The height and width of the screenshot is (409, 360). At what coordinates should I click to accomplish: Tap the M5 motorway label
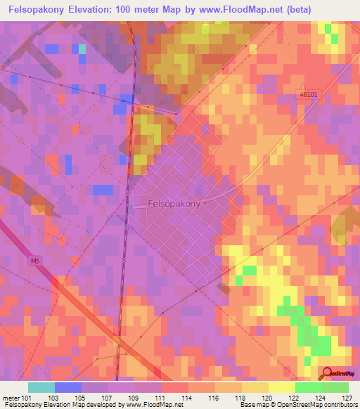(34, 260)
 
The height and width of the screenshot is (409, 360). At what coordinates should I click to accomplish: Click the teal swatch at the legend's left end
(41, 387)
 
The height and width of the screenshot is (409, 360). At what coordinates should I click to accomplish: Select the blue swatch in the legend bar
(68, 387)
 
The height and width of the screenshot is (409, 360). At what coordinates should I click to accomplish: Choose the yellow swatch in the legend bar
(281, 387)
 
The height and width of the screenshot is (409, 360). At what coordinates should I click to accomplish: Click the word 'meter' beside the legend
(13, 397)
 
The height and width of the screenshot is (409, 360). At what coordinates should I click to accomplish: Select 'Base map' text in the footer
(252, 405)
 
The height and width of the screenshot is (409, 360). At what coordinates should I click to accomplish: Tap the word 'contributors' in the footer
(339, 405)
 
